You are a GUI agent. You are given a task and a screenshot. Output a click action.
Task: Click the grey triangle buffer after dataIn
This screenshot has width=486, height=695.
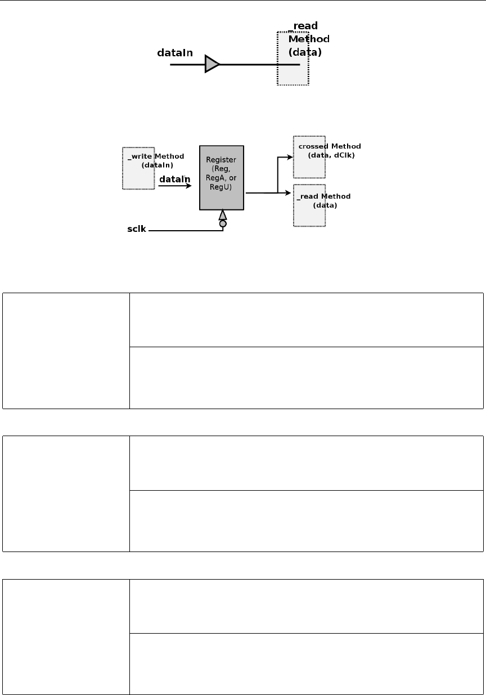tap(211, 64)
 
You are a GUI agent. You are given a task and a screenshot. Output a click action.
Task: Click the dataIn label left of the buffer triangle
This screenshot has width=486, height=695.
tap(174, 53)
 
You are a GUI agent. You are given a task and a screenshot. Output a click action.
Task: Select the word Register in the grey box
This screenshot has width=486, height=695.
tap(222, 160)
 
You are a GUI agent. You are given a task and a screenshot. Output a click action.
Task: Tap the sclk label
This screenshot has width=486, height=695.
tap(136, 230)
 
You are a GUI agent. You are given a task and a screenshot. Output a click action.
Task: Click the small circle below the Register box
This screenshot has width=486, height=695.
tap(223, 224)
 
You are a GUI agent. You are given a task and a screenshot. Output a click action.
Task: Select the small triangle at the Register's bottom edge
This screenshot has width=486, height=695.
tap(223, 215)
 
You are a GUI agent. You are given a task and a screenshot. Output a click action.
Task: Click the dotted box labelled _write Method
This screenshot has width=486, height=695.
tap(138, 176)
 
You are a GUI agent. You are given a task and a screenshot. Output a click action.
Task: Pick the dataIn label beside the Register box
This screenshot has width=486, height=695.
tap(174, 179)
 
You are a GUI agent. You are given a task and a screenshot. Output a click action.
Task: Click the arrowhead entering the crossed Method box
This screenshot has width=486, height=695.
tap(290, 158)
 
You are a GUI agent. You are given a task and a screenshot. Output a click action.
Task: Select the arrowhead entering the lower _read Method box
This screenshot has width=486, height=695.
tap(290, 193)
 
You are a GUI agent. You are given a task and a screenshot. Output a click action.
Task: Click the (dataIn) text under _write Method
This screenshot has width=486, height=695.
tap(157, 165)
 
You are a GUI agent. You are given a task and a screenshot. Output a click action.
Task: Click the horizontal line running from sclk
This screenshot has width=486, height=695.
tap(186, 231)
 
